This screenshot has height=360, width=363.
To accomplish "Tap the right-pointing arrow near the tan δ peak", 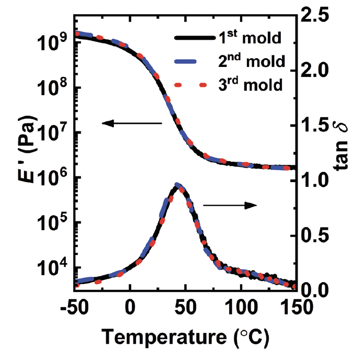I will pyautogui.click(x=230, y=205).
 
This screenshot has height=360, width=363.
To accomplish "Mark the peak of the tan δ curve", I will pyautogui.click(x=178, y=185).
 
